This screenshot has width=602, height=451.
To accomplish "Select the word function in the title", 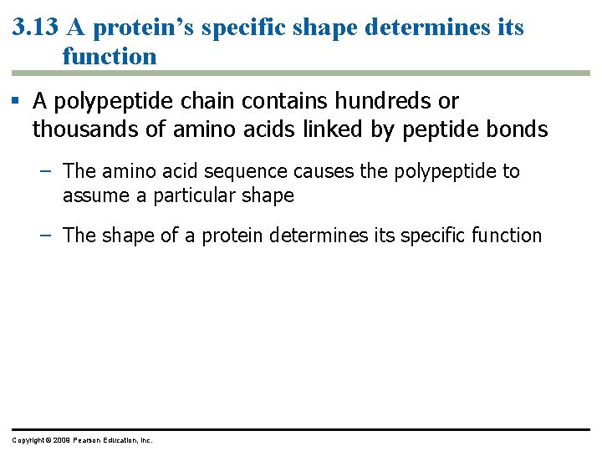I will point(110,57).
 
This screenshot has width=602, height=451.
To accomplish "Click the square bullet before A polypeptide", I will point(17,102).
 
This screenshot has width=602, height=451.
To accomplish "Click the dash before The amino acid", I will point(48,171).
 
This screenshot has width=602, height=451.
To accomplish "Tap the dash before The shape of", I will point(48,236).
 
